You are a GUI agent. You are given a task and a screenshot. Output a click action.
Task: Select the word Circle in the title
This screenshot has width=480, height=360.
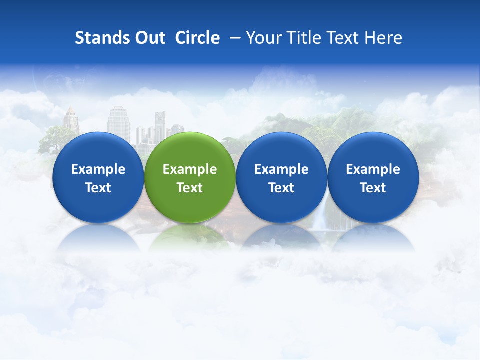point(197,38)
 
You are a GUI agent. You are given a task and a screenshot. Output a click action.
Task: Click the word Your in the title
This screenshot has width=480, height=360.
point(262,38)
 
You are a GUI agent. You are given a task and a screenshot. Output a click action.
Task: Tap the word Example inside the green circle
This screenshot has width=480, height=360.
point(190,169)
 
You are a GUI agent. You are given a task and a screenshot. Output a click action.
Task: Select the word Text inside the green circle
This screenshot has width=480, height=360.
point(190,188)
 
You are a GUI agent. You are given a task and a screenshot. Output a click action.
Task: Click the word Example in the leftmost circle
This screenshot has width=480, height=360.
point(98,169)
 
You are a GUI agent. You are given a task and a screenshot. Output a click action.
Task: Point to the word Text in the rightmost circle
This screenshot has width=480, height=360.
point(373,188)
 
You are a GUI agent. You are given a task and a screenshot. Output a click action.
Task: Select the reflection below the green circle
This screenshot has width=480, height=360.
point(190,237)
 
